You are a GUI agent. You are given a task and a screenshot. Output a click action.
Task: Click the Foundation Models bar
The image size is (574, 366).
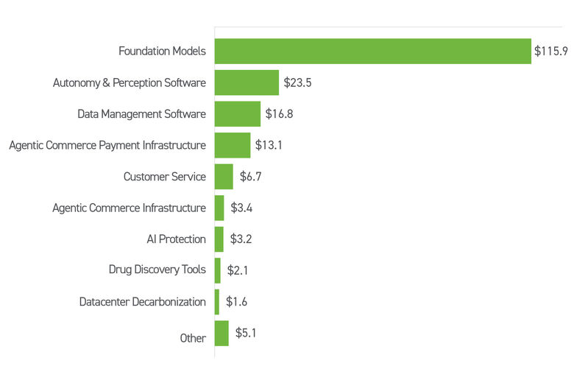[372, 52]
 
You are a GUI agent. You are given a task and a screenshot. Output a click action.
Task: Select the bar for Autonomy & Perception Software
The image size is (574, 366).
[247, 82]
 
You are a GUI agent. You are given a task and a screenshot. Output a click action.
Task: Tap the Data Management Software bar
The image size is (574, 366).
[237, 114]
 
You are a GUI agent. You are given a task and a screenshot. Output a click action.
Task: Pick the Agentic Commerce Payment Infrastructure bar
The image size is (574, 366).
[232, 145]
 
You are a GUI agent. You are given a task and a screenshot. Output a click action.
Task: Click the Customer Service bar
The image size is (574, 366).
[224, 177]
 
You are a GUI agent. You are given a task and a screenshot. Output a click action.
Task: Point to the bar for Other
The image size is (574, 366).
[222, 333]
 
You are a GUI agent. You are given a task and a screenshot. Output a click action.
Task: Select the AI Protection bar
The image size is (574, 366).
[219, 239]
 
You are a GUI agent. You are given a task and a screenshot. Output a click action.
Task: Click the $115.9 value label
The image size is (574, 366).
[551, 52]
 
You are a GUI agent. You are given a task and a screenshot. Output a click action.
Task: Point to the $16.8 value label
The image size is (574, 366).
[280, 114]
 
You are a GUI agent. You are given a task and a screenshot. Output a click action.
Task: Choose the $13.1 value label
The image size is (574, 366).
[269, 145]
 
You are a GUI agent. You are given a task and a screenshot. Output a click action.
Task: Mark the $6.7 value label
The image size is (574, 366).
[250, 177]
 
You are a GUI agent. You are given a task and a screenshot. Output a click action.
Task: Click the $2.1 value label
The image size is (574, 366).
[237, 270]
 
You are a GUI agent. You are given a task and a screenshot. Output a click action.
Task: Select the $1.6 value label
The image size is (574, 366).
[236, 302]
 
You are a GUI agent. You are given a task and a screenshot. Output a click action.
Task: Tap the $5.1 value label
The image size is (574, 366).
[246, 333]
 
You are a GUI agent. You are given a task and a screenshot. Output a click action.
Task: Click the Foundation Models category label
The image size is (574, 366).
[162, 52]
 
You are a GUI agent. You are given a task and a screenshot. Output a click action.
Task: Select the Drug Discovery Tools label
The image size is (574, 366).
[157, 270]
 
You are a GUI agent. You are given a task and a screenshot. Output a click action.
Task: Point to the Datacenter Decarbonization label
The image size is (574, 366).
[142, 302]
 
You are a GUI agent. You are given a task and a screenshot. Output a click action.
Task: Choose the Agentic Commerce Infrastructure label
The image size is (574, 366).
[129, 208]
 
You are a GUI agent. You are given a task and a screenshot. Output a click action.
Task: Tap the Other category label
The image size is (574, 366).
[193, 339]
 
